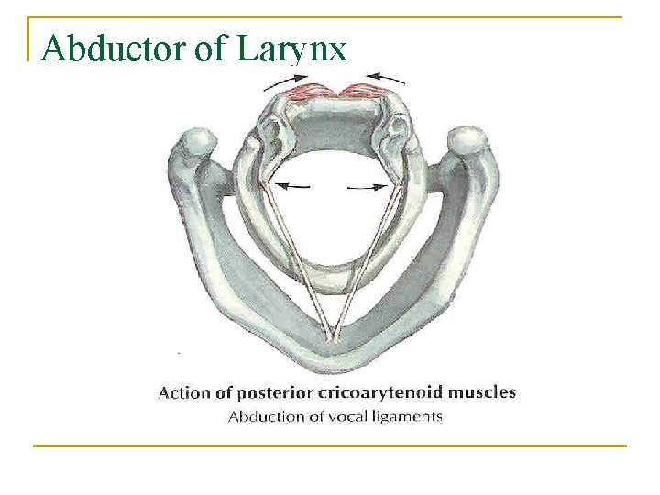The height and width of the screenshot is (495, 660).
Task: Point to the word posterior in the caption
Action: (x=270, y=394)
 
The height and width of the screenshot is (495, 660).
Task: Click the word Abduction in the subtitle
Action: (x=267, y=417)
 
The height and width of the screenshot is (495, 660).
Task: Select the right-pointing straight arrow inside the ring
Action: (x=367, y=186)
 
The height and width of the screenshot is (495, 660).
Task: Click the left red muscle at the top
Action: (x=311, y=92)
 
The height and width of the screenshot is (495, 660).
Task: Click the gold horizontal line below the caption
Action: (x=329, y=445)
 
